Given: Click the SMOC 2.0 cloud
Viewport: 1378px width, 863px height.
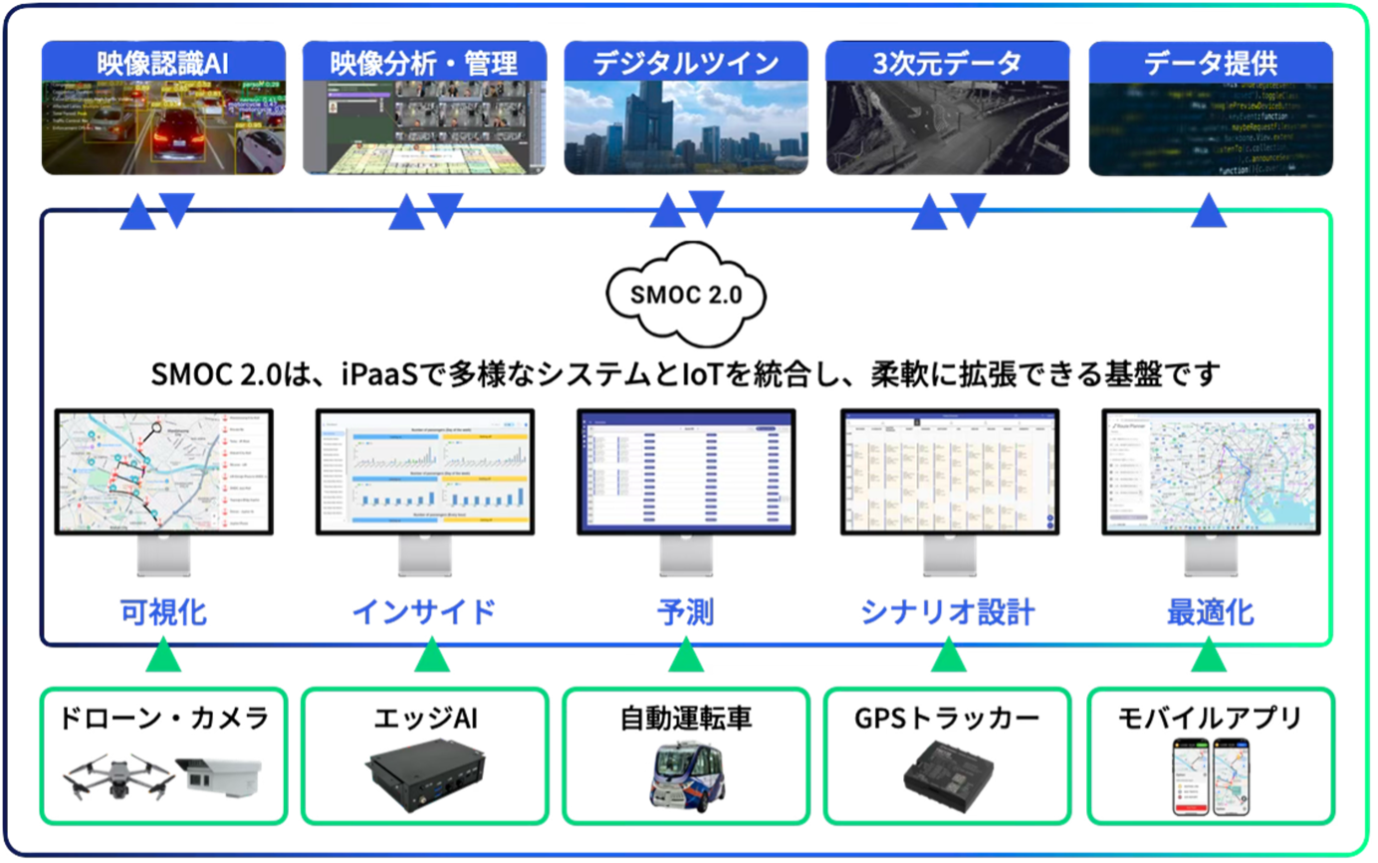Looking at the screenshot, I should pos(686,294).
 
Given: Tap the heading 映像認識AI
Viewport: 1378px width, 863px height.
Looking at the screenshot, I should pos(163,62).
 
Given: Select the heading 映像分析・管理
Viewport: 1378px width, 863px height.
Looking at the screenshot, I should pos(424,64).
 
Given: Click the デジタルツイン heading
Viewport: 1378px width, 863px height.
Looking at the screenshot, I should pos(686,64).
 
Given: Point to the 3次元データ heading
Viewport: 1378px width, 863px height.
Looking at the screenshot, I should pos(947,64).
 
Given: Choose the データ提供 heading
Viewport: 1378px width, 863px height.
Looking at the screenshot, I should pos(1210,64).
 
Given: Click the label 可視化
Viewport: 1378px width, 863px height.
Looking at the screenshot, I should pos(163,612).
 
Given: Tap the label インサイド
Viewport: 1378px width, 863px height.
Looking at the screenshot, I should pos(424,612).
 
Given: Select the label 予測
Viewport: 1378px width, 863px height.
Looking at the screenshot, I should pos(686,612).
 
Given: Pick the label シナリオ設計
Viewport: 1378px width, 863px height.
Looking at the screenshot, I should pos(947,612).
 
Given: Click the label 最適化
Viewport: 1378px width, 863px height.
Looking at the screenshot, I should pos(1210,612).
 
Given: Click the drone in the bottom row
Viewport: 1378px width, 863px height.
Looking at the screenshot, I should pos(113,774).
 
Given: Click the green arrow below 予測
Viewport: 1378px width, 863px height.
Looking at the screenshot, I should pos(686,656).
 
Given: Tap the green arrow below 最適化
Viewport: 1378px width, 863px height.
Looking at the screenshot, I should pos(1210,656).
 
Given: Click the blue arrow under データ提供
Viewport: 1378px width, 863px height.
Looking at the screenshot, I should pos(1210,212).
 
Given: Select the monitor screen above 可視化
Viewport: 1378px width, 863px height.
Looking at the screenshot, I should pos(163,471).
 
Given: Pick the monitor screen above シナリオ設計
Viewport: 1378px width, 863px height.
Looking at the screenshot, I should pos(947,471).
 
